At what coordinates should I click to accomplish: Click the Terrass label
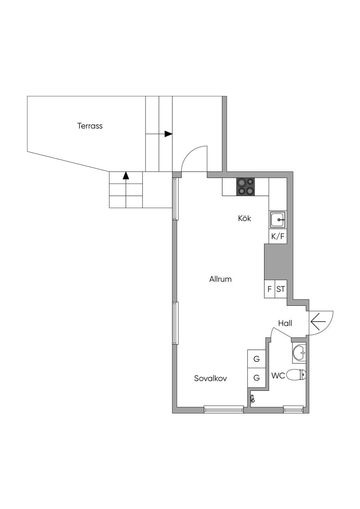tap(90, 126)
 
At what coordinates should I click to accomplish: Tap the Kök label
tap(245, 218)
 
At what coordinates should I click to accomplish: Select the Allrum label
tap(220, 279)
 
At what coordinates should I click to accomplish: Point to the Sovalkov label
tap(211, 378)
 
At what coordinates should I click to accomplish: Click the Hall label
tap(285, 323)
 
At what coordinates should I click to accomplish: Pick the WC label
tap(278, 376)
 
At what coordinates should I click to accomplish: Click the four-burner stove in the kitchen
tap(245, 187)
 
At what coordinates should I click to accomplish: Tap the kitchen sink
tap(278, 220)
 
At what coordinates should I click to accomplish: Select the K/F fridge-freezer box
tap(278, 236)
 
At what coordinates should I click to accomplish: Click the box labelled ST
tap(281, 289)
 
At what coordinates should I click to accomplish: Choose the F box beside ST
tap(270, 289)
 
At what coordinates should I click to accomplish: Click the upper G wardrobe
tap(257, 359)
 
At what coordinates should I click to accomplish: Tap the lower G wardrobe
tap(257, 378)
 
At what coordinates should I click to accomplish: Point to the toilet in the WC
tap(296, 375)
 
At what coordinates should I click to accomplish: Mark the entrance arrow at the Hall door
tap(318, 321)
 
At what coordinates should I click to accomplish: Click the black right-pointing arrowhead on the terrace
tap(168, 134)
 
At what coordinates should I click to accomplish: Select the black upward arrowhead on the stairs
tap(126, 176)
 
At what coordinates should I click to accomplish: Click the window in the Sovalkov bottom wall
tap(224, 409)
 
